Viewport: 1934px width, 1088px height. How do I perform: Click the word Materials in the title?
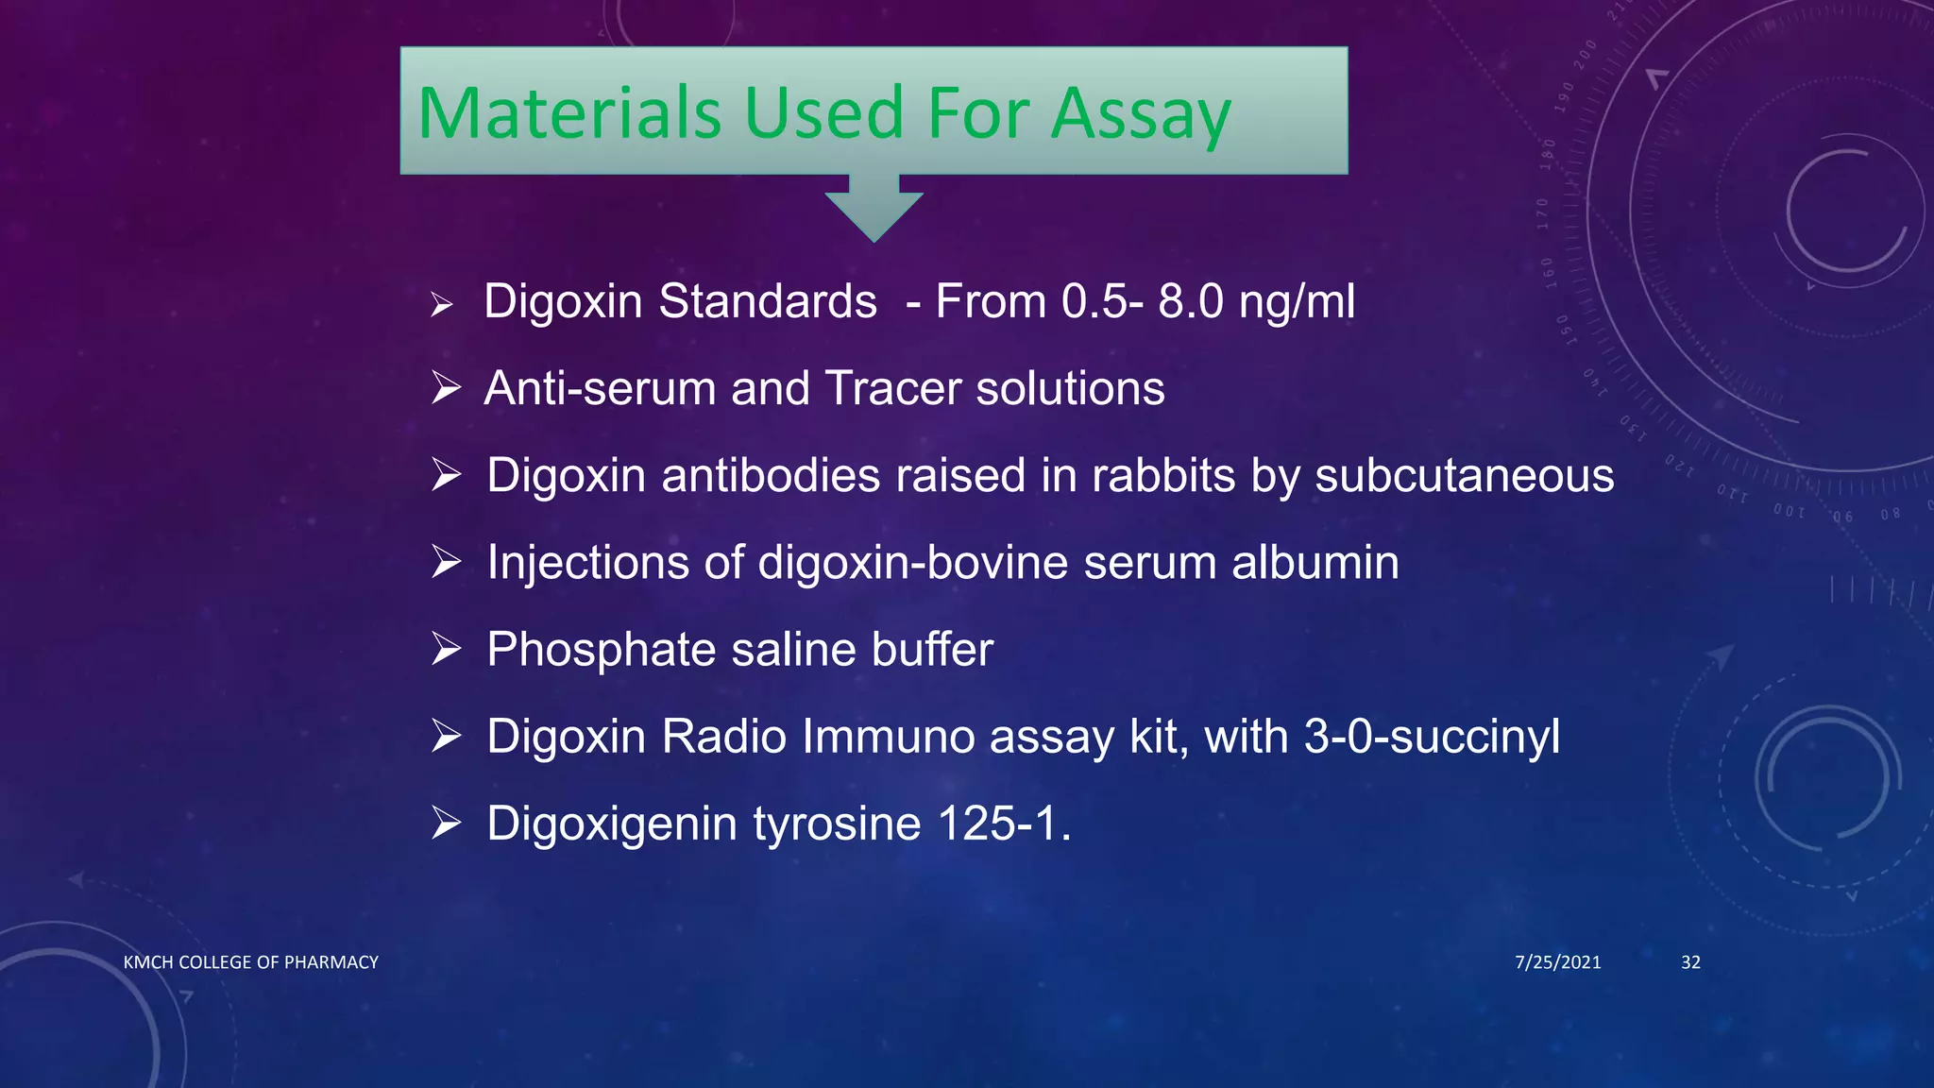(x=569, y=113)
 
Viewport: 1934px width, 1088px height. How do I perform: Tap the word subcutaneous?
(x=1465, y=475)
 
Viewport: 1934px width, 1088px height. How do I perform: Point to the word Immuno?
(x=888, y=737)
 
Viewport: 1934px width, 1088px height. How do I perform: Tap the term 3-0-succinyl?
(x=1432, y=737)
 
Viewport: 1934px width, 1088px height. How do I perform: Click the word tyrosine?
(x=838, y=824)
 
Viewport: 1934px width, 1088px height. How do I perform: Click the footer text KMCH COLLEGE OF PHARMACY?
(x=251, y=962)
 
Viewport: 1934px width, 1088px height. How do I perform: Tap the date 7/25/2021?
(x=1557, y=962)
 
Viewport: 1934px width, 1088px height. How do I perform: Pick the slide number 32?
(x=1690, y=962)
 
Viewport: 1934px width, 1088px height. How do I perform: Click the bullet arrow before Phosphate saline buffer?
(x=446, y=649)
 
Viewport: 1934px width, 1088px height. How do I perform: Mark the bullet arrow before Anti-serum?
(x=446, y=387)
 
